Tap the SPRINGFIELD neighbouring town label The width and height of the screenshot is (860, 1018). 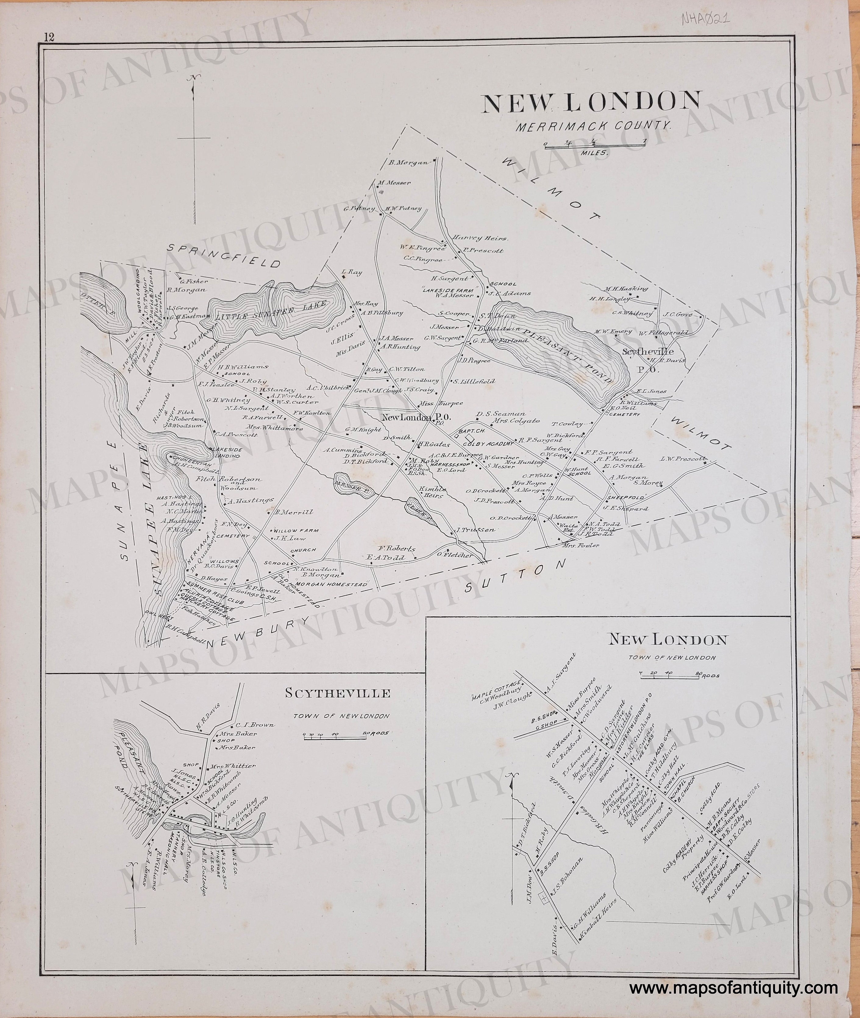(224, 255)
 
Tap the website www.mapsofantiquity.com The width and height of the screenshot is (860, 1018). (733, 961)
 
